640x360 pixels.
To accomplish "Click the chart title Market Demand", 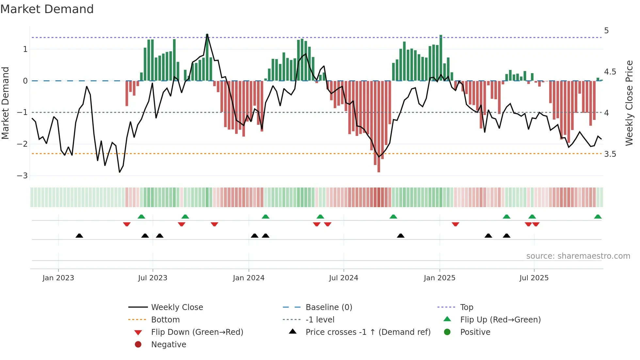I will coord(47,9).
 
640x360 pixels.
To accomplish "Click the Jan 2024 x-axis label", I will coord(248,278).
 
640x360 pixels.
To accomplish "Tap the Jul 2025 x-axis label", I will coord(534,278).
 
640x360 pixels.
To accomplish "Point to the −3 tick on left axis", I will coord(23,176).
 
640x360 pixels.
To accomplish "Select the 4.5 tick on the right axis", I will coord(610,72).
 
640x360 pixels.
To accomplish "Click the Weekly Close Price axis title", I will coord(629,103).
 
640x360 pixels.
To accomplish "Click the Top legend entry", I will coord(466,307).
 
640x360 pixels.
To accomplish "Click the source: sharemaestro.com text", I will coord(578,256).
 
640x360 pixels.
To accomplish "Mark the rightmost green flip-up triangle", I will coord(598,217).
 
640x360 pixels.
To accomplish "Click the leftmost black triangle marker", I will coord(79,236).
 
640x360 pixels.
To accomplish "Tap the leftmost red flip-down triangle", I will coord(127,224).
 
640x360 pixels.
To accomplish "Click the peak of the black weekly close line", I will coord(207,34).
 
